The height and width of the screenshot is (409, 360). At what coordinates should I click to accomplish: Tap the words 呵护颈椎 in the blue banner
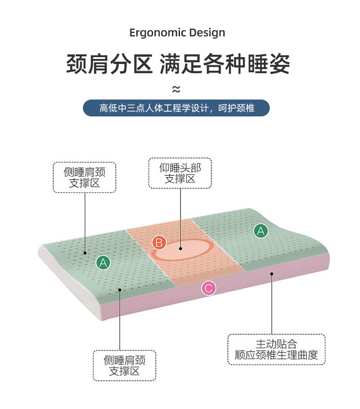coord(236,108)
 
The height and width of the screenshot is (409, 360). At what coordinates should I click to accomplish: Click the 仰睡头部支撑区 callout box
coord(180,173)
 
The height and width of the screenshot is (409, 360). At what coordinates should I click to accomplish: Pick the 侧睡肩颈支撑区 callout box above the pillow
coord(84,177)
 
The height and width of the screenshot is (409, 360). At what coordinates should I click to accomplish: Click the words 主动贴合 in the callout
coord(276,344)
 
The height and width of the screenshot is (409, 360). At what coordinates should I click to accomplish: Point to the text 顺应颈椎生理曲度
coord(276,356)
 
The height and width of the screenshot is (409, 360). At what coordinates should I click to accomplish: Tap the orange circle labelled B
coord(159,242)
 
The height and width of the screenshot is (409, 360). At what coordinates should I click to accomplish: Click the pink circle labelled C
coord(208,288)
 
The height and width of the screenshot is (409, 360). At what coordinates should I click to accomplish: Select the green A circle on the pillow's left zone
coord(103,263)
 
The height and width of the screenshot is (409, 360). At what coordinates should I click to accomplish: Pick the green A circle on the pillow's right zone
coord(261,231)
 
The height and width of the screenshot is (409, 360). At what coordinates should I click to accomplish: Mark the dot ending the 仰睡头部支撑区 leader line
coord(180,249)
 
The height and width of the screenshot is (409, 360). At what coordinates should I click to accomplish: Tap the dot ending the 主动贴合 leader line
coord(271,274)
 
